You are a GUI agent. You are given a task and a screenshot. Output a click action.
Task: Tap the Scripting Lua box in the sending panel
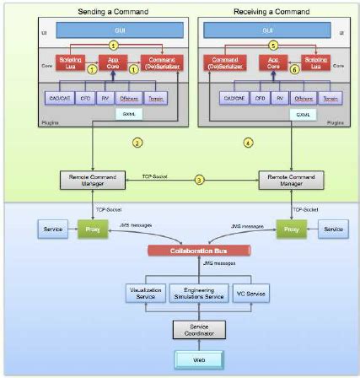pos(71,62)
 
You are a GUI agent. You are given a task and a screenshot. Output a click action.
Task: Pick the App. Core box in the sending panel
pos(110,62)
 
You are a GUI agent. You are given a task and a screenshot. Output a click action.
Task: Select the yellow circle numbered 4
pos(248,143)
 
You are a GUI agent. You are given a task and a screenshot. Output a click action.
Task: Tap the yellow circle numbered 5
pos(271,46)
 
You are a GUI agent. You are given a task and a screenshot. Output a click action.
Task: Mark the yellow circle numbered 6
pos(271,73)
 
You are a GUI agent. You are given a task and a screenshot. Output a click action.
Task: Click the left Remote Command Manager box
pos(86,180)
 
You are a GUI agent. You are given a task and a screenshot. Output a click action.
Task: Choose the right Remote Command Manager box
pos(286,180)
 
